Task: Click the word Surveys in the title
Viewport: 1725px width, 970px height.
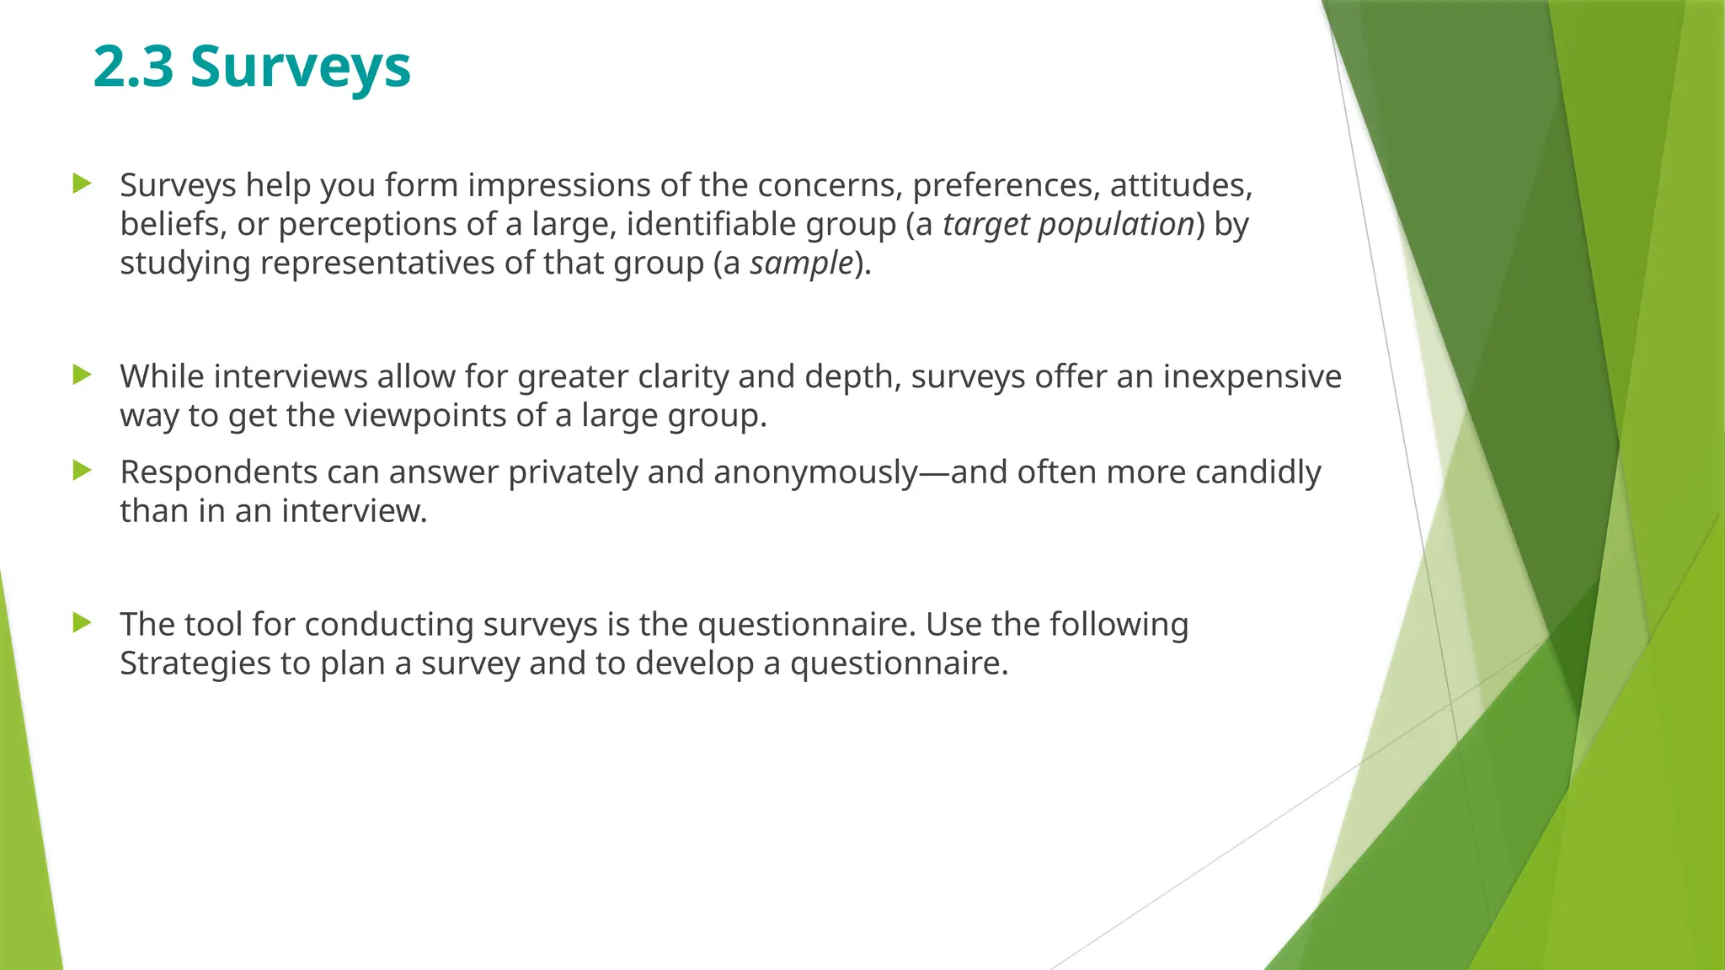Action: click(x=300, y=67)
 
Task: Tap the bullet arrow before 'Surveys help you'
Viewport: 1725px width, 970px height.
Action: click(x=82, y=183)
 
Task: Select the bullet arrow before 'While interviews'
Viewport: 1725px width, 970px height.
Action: click(x=82, y=374)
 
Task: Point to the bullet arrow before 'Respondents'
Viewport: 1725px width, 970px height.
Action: click(x=82, y=470)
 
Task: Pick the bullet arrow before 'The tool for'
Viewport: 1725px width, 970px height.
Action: click(x=82, y=622)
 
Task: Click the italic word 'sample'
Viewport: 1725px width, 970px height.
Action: click(x=802, y=264)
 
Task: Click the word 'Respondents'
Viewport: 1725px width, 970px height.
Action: click(x=218, y=473)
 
